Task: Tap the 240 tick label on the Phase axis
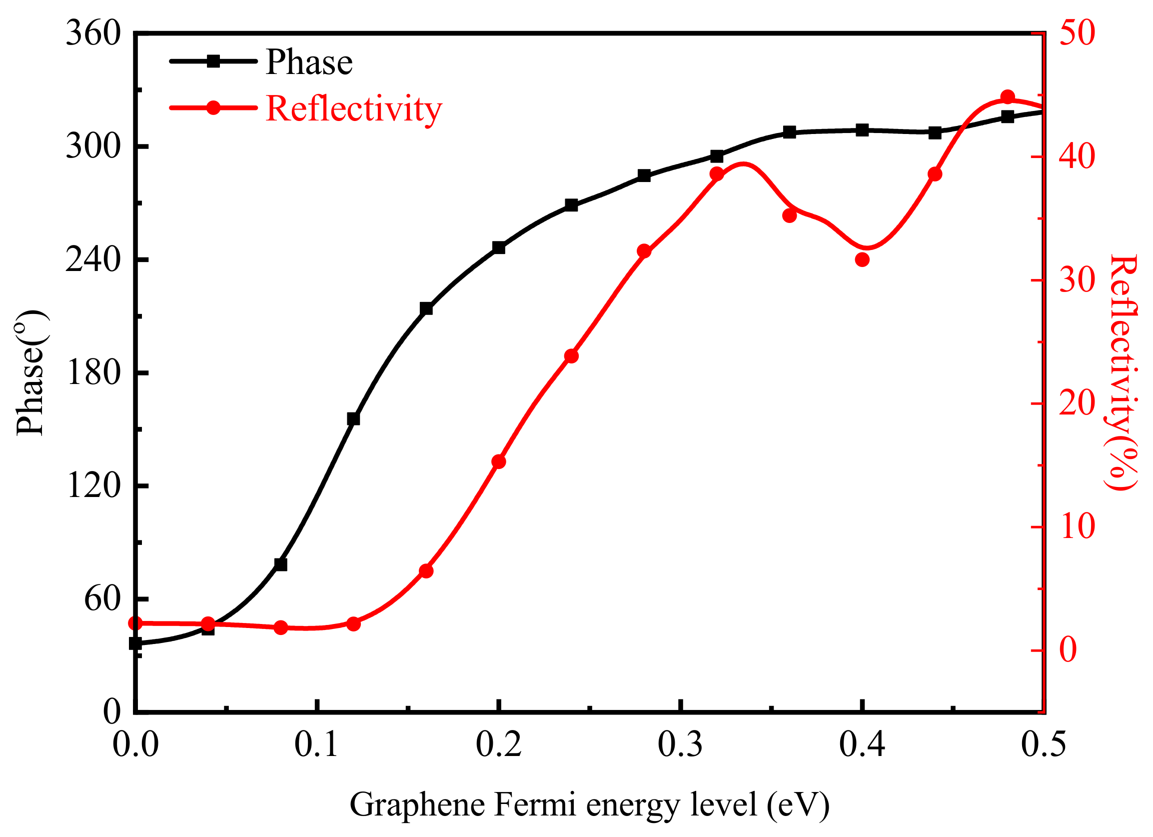click(x=93, y=260)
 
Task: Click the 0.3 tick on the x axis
click(x=680, y=744)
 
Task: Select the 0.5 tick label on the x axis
click(x=1043, y=744)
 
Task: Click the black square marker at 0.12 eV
click(x=353, y=418)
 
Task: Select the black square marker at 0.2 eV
click(x=499, y=247)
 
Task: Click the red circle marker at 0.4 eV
click(x=862, y=260)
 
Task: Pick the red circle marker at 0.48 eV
click(x=1008, y=97)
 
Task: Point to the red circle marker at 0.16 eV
click(x=426, y=571)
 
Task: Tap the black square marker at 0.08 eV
click(x=280, y=564)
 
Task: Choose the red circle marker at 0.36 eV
click(x=790, y=215)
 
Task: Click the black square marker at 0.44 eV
click(x=935, y=132)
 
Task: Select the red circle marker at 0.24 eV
click(x=571, y=356)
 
